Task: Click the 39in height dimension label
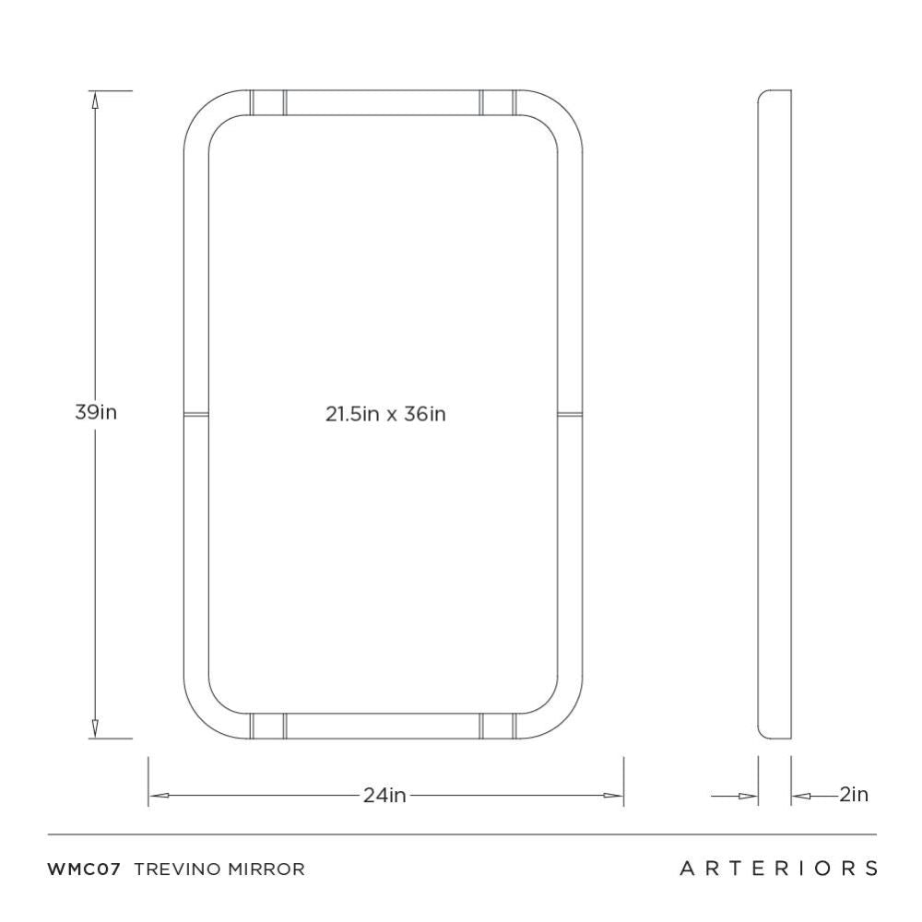click(x=96, y=413)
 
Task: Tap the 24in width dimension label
click(x=384, y=795)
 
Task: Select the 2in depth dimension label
click(x=854, y=794)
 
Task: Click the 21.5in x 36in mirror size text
click(x=384, y=414)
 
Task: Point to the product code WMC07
click(x=84, y=869)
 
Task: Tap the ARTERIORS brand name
click(x=778, y=869)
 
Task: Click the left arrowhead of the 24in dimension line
click(x=157, y=795)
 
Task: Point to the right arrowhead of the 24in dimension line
click(x=615, y=795)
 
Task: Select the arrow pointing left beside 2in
click(x=799, y=795)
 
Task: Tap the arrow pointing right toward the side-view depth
click(x=748, y=795)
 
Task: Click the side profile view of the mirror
click(x=774, y=414)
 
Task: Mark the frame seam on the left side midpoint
click(x=196, y=414)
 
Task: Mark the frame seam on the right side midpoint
click(x=571, y=414)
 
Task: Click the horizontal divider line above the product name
click(x=461, y=834)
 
